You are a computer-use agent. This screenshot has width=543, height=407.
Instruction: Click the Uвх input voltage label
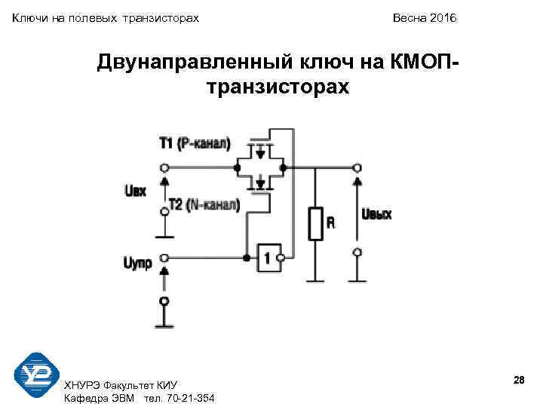[x=133, y=191]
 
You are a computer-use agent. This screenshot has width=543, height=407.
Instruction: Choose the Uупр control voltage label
[x=137, y=263]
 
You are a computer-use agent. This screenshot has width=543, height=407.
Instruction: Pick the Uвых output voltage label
[x=376, y=215]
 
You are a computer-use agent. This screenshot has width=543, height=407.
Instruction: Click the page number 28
[x=518, y=381]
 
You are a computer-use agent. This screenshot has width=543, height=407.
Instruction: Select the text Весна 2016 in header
[x=424, y=17]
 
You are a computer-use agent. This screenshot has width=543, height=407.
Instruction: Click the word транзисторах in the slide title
[x=277, y=87]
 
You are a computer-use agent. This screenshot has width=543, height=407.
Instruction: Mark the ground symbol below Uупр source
[x=164, y=325]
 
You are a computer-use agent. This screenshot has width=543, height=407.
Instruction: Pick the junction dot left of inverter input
[x=246, y=258]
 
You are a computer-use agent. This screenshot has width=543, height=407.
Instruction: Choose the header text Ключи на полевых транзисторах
[x=106, y=17]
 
